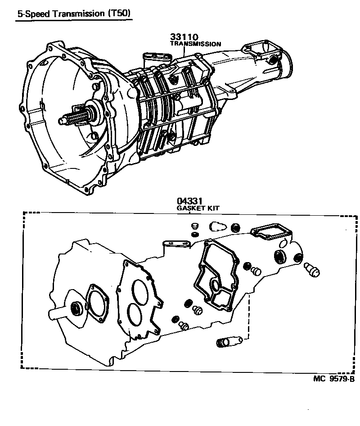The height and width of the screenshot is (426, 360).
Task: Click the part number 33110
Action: (184, 37)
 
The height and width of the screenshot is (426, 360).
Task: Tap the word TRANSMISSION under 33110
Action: (195, 44)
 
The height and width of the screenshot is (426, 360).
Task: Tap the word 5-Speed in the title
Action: (31, 14)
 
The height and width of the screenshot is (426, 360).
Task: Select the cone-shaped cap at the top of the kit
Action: (218, 227)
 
